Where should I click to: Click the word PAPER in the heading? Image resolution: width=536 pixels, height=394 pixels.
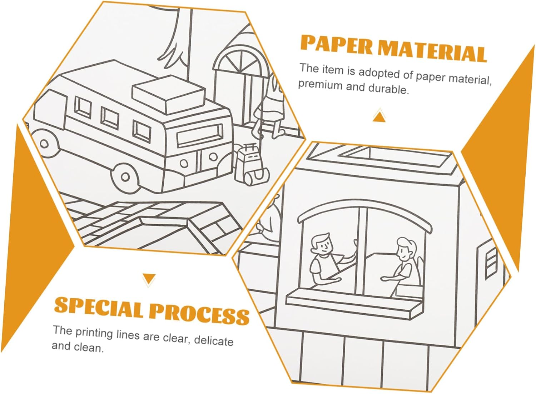pos(337,45)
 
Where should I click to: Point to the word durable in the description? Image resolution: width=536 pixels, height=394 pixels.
pos(388,89)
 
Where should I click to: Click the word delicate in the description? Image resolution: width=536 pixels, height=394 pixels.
pos(214,341)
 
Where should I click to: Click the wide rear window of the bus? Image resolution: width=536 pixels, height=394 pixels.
pos(200,135)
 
